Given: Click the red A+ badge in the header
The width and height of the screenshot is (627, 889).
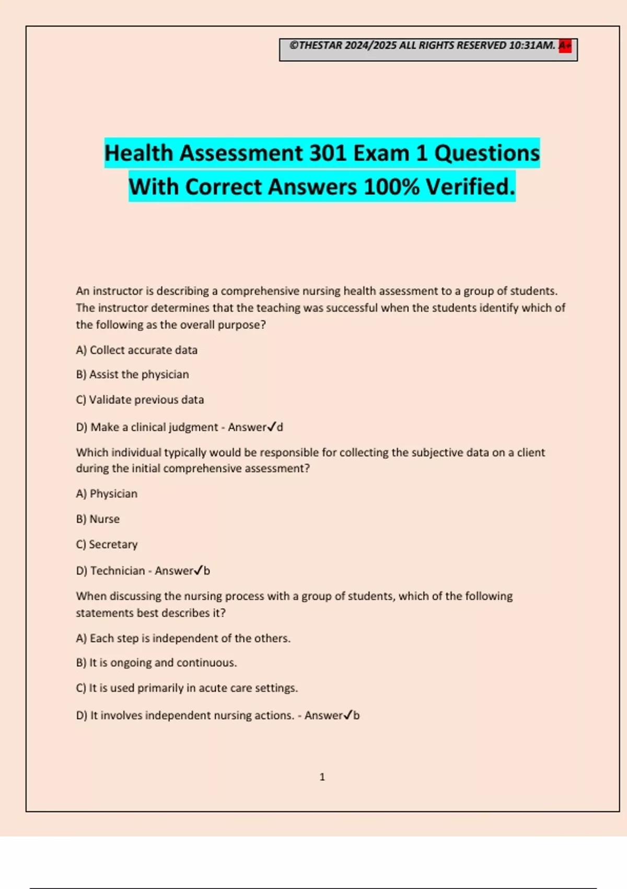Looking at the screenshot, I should click(565, 46).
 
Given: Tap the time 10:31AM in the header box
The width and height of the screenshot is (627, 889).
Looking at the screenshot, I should click(532, 45).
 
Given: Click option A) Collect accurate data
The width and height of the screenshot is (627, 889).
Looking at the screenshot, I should click(137, 350).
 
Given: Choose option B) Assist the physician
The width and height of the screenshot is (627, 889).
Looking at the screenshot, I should click(132, 374).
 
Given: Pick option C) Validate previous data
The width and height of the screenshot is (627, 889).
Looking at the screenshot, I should click(140, 400).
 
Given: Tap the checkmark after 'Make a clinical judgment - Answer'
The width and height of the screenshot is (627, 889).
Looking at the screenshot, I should click(271, 427).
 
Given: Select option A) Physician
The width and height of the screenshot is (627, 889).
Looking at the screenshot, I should click(107, 494).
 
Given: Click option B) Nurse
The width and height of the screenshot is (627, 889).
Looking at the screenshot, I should click(98, 519).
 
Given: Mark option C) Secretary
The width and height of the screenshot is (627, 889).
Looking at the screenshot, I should click(107, 544).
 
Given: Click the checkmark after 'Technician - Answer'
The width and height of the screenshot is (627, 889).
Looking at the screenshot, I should click(198, 571).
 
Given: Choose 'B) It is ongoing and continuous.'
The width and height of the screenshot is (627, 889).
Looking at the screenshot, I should click(156, 663).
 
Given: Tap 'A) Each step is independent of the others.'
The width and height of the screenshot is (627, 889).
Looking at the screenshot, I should click(183, 638).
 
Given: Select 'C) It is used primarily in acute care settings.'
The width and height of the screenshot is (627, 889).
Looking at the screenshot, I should click(187, 688).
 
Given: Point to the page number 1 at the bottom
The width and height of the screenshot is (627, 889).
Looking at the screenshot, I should click(322, 777).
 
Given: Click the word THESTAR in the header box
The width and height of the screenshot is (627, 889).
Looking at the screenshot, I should click(320, 45).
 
